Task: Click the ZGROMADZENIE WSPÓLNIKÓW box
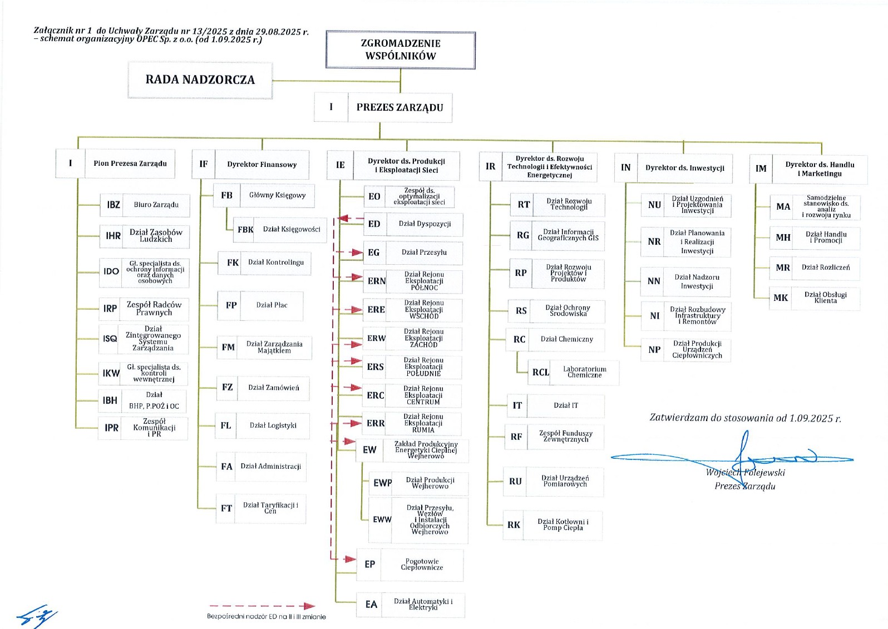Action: coord(401,50)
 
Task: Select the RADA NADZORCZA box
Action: coord(200,80)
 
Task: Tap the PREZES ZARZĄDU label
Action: coord(399,107)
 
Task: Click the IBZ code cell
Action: coord(114,205)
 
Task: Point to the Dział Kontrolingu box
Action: coord(276,263)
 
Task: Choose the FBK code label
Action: coord(245,230)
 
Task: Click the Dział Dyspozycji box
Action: coord(425,224)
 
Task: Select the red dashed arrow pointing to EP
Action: coord(349,558)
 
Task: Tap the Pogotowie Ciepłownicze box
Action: coord(422,564)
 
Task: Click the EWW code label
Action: coord(382,519)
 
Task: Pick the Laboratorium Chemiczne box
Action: coord(584,372)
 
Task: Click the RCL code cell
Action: coord(540,372)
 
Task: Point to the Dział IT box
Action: coord(565,405)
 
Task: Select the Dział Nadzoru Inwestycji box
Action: coord(697,281)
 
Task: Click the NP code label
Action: coord(654,350)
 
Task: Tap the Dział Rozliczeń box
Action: coord(826,268)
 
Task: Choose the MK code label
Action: coord(781,298)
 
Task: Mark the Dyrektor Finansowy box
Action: coord(262,165)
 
